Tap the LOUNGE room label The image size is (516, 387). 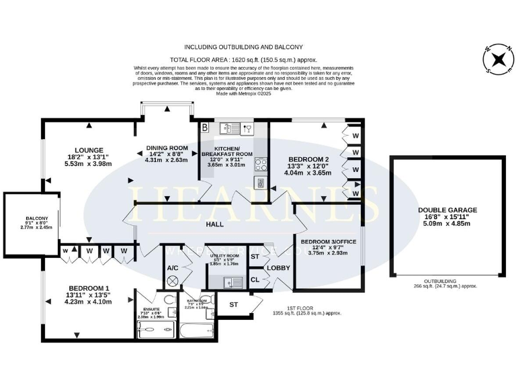point(89,150)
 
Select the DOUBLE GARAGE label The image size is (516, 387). point(447,210)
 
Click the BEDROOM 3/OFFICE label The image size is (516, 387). point(328,241)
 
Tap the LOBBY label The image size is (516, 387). point(278,268)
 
